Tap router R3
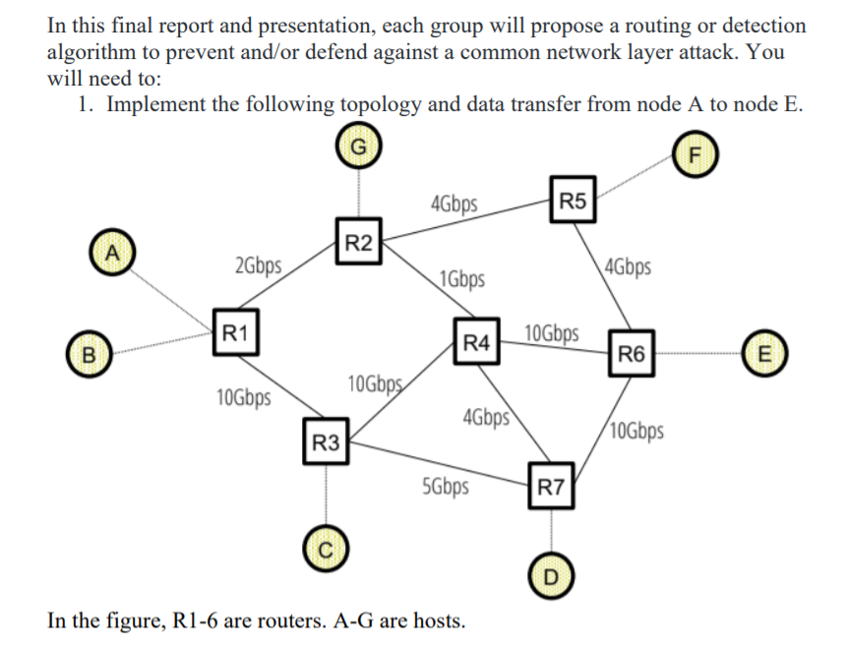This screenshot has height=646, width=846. [x=325, y=443]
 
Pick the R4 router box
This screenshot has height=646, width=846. [x=477, y=342]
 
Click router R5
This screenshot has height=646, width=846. [x=572, y=203]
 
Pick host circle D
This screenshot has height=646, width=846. [x=550, y=574]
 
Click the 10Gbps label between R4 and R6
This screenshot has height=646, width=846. [x=552, y=332]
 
